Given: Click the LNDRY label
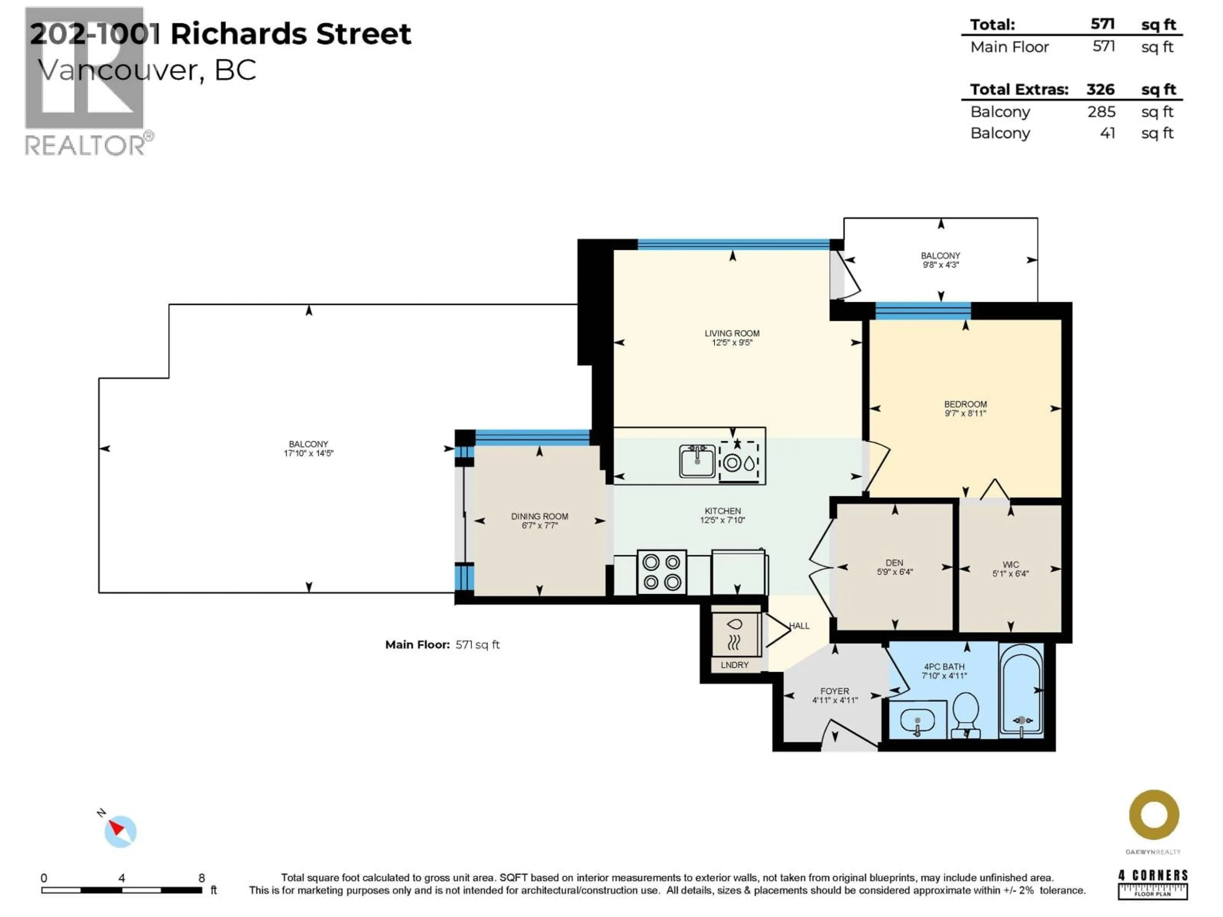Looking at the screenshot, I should click(734, 665).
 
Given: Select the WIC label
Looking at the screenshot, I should click(1010, 564).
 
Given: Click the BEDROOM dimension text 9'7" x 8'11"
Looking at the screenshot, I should click(965, 413).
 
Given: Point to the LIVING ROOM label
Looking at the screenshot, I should click(732, 333).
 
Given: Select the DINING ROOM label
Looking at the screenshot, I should click(539, 516).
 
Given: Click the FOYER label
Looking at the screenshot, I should click(834, 691).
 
